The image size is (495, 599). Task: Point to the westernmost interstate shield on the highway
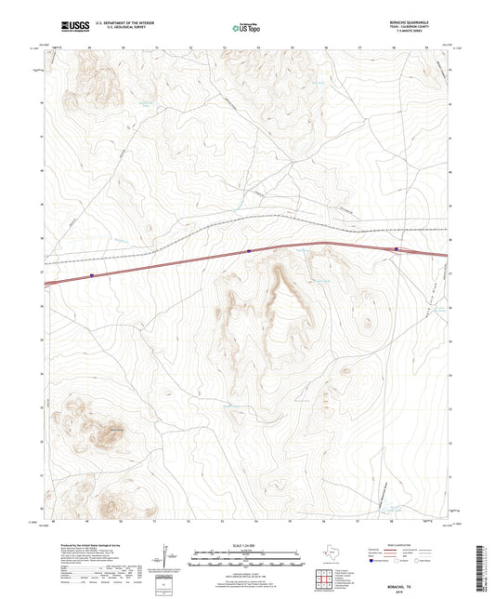pyautogui.click(x=92, y=275)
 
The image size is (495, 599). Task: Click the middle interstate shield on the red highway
pyautogui.click(x=249, y=251)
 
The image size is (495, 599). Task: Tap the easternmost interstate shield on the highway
pyautogui.click(x=396, y=249)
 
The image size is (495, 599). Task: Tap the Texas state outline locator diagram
pyautogui.click(x=327, y=553)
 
